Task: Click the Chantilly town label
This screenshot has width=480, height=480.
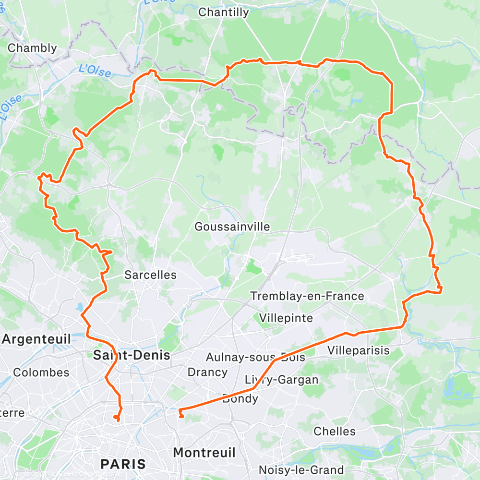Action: pyautogui.click(x=224, y=12)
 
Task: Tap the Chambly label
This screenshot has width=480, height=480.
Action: pyautogui.click(x=33, y=48)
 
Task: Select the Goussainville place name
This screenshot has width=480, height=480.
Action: pyautogui.click(x=232, y=227)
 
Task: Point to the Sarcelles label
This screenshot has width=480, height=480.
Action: pyautogui.click(x=150, y=275)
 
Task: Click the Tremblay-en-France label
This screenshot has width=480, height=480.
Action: pyautogui.click(x=307, y=296)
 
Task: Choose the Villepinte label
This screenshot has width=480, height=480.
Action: pyautogui.click(x=286, y=318)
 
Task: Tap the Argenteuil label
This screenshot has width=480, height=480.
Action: pyautogui.click(x=36, y=339)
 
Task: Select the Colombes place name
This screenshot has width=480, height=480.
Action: pyautogui.click(x=41, y=372)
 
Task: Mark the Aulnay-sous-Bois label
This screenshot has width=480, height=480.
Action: pyautogui.click(x=255, y=357)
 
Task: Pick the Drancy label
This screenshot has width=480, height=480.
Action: pyautogui.click(x=207, y=372)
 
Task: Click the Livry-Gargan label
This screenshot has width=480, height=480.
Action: pyautogui.click(x=281, y=380)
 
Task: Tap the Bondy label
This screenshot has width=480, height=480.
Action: pyautogui.click(x=240, y=398)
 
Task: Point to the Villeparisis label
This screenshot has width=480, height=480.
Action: pyautogui.click(x=358, y=350)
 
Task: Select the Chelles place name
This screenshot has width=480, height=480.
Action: pyautogui.click(x=335, y=431)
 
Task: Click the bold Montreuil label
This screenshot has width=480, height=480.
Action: pyautogui.click(x=204, y=452)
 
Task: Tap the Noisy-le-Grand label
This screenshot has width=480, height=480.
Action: pyautogui.click(x=301, y=470)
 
